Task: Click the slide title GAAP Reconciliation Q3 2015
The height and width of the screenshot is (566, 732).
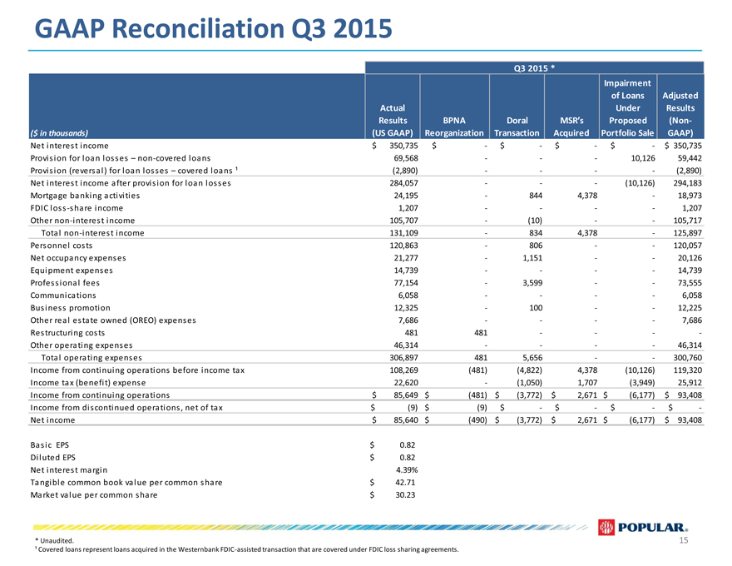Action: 213,29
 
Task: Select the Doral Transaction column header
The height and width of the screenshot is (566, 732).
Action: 517,127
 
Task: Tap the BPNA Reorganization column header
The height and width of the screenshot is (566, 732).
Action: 454,127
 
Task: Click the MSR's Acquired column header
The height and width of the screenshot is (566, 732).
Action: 571,127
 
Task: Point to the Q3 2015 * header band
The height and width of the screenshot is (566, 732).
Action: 534,68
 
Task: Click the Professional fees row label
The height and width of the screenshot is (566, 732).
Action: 65,282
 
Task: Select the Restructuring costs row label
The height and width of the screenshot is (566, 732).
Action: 67,332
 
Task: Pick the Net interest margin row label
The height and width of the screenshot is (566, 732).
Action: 68,469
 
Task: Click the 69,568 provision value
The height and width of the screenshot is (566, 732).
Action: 406,158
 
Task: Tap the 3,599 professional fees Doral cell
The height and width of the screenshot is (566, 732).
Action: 532,282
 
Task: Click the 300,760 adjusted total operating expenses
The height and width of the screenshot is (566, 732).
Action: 687,357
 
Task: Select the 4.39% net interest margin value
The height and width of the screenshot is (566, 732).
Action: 406,469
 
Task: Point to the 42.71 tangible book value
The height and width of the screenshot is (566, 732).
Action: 405,483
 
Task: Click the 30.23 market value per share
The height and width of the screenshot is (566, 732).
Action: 405,495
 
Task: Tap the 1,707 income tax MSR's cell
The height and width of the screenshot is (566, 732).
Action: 587,383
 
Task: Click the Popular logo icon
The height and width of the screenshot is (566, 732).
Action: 606,527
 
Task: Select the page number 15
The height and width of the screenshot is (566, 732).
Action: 684,540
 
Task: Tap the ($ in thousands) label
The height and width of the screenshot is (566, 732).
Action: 59,133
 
